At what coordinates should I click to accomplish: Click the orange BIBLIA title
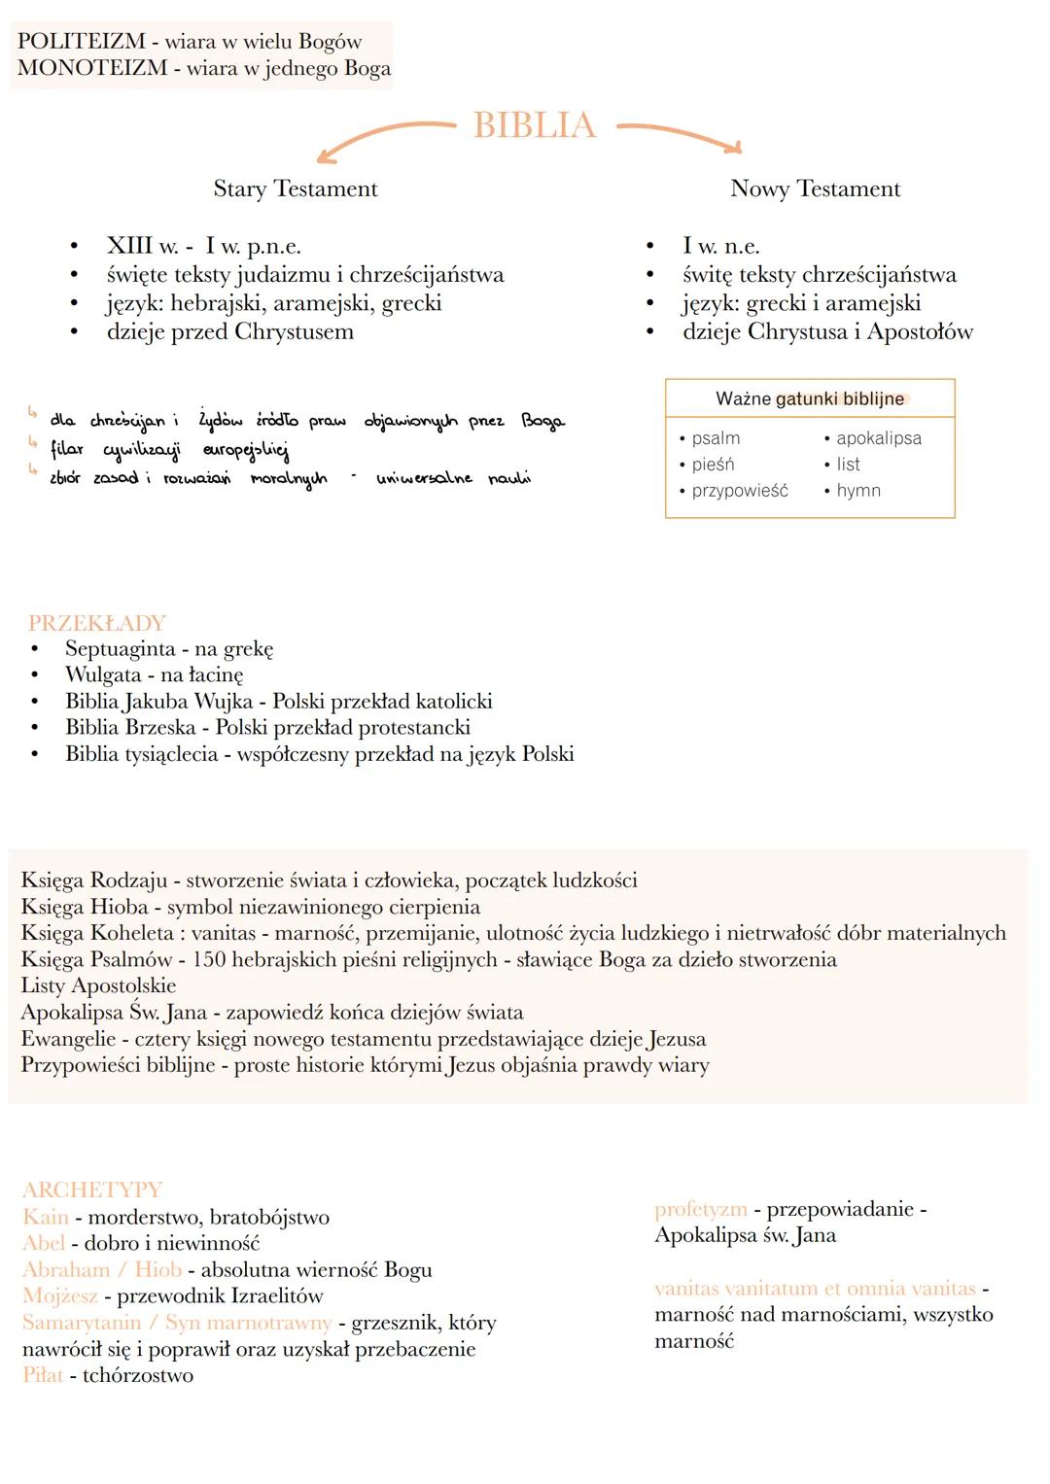click(x=534, y=125)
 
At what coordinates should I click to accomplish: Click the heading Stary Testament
click(x=296, y=189)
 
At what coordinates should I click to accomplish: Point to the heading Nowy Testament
click(x=815, y=189)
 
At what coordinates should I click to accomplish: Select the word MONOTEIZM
click(x=92, y=69)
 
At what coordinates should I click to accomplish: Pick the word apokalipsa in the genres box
click(x=878, y=438)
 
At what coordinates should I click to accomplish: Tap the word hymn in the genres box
click(x=857, y=491)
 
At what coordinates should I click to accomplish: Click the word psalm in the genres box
click(x=716, y=438)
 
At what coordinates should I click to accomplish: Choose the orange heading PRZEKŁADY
click(x=97, y=623)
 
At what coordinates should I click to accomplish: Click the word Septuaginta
click(x=121, y=649)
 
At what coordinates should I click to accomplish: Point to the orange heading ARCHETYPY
click(x=92, y=1190)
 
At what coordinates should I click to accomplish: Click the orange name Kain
click(x=46, y=1217)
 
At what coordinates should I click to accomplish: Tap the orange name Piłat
click(x=43, y=1375)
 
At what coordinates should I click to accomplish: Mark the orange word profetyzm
click(x=700, y=1209)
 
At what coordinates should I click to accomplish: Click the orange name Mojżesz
click(x=60, y=1296)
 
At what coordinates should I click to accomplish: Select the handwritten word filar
click(x=67, y=449)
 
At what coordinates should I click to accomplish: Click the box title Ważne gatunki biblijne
click(x=809, y=398)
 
